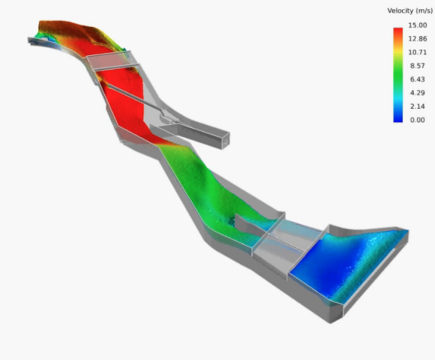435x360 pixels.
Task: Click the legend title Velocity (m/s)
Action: [409, 10]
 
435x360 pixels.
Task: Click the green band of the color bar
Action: [398, 73]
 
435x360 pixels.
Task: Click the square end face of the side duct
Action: [225, 141]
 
